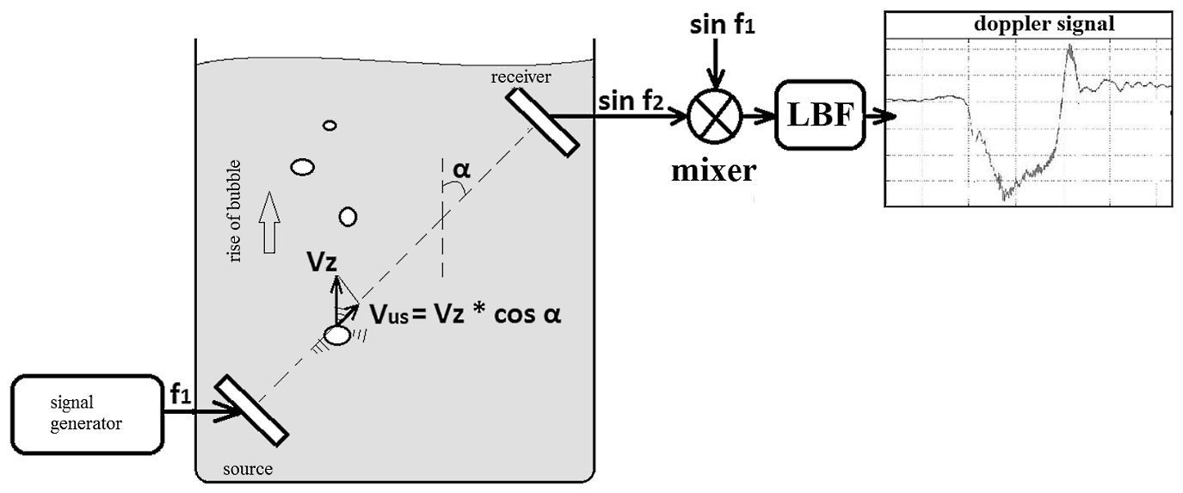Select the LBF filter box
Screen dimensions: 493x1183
(x=820, y=115)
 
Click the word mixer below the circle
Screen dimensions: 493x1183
(x=713, y=170)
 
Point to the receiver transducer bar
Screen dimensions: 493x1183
(x=541, y=121)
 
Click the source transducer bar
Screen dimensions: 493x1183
(x=250, y=410)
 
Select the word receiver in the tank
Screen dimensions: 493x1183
(x=521, y=77)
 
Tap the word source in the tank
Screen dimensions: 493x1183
(x=247, y=470)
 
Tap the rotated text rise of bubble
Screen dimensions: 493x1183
(x=236, y=212)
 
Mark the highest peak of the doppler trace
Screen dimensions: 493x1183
(x=1069, y=46)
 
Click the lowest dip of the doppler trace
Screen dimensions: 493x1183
(x=1006, y=197)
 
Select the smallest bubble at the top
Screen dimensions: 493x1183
(x=330, y=126)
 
